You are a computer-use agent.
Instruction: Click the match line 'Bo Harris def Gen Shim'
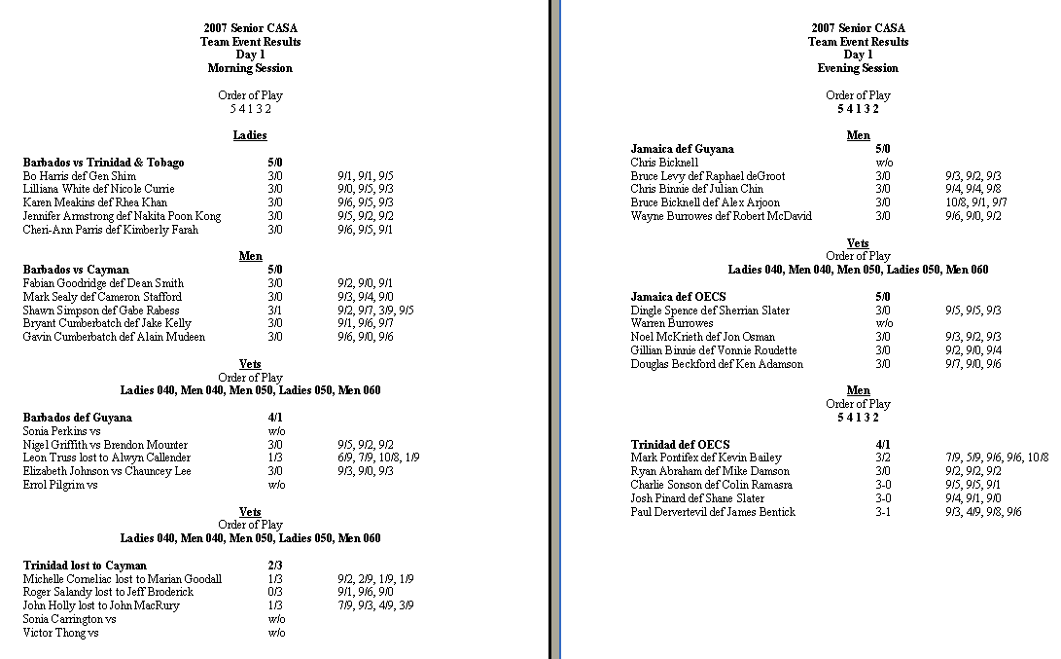coord(80,176)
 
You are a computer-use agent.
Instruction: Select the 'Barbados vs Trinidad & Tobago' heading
coord(103,163)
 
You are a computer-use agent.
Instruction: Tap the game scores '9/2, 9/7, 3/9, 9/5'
coord(375,311)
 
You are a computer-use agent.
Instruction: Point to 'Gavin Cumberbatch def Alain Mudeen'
coord(114,337)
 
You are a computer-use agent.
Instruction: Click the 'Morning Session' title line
coord(250,68)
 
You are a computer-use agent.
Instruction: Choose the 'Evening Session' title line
coord(858,68)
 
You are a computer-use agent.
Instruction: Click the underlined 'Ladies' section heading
coord(250,135)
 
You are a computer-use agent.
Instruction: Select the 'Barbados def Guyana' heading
coord(77,418)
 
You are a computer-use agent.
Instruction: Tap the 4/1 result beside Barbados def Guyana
coord(275,418)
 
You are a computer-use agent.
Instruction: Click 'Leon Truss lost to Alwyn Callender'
coord(107,458)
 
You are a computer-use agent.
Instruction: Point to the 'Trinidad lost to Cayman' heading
coord(85,566)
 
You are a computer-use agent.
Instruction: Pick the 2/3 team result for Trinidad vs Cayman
coord(275,566)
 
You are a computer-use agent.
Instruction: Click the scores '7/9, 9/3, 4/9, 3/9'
coord(375,605)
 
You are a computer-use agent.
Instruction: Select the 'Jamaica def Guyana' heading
coord(683,149)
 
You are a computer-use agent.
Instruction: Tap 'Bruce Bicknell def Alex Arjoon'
coord(705,202)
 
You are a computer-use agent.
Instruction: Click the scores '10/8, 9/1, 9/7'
coord(976,202)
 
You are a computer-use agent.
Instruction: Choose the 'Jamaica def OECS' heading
coord(678,297)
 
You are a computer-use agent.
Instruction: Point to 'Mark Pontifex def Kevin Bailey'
coord(706,458)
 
